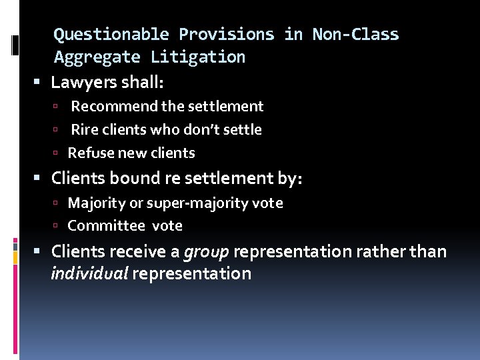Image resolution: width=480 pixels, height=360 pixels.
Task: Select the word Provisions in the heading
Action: point(226,35)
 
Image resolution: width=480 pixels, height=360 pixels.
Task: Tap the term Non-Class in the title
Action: point(355,35)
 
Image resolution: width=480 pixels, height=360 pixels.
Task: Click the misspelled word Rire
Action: point(84,129)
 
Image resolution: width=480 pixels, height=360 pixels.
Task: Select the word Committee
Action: point(107,226)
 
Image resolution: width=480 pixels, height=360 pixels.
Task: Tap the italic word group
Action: point(206,252)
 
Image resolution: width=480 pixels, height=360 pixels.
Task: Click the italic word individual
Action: point(89,274)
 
